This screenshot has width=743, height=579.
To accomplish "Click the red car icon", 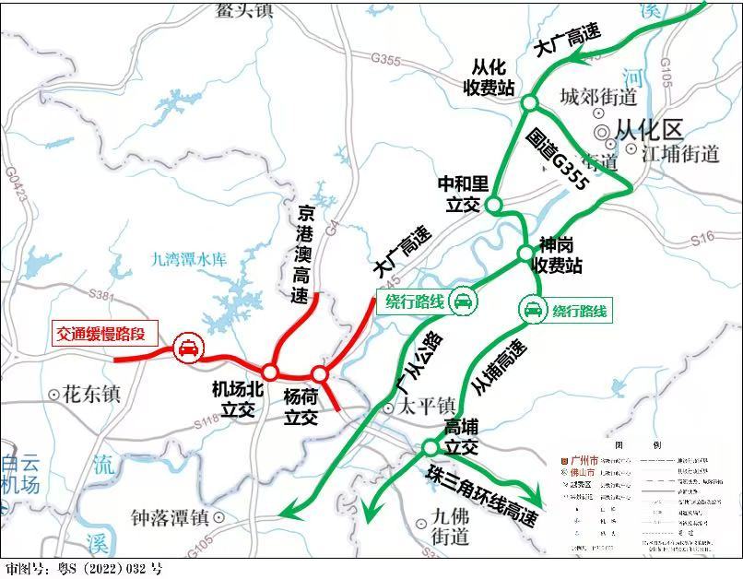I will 187,348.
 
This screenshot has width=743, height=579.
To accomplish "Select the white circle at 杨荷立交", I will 319,373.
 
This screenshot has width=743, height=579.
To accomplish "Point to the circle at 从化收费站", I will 529,102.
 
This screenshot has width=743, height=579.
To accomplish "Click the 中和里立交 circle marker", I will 493,205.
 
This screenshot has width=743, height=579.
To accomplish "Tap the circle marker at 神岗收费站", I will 525,252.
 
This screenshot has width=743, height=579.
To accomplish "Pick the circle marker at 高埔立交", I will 430,447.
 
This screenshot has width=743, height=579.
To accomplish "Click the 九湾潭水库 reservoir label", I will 189,261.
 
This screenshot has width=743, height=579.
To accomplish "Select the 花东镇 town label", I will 88,394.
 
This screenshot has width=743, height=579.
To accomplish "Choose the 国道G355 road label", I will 559,160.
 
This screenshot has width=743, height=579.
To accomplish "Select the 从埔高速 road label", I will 499,368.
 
